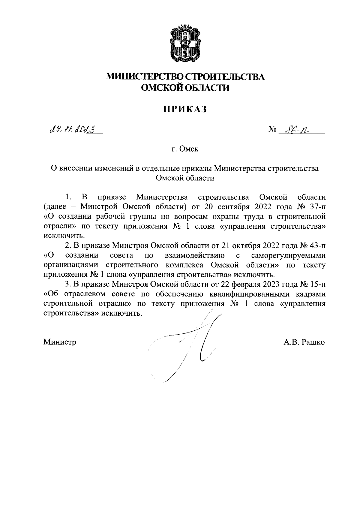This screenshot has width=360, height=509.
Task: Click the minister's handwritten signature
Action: pos(198,342)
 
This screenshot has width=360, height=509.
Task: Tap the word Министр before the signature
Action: pos(60,342)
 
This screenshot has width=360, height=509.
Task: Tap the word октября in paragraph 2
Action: pos(245,246)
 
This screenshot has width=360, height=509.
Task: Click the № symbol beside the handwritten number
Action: pos(272,130)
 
